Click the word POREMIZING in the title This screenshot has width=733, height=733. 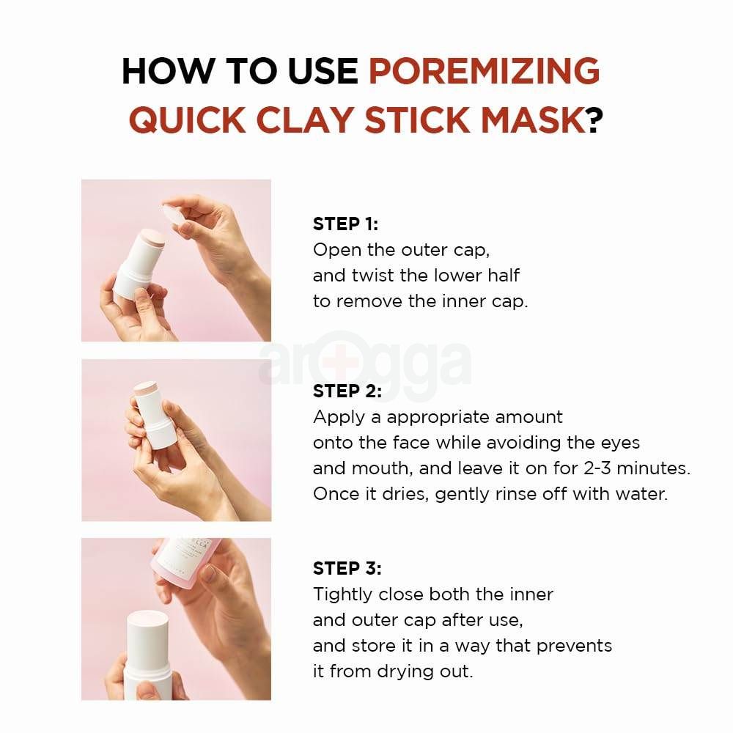click(484, 71)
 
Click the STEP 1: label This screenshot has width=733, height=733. click(345, 224)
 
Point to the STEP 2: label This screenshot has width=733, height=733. click(347, 391)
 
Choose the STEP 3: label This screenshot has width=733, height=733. click(347, 568)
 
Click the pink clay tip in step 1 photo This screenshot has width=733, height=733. click(153, 239)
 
